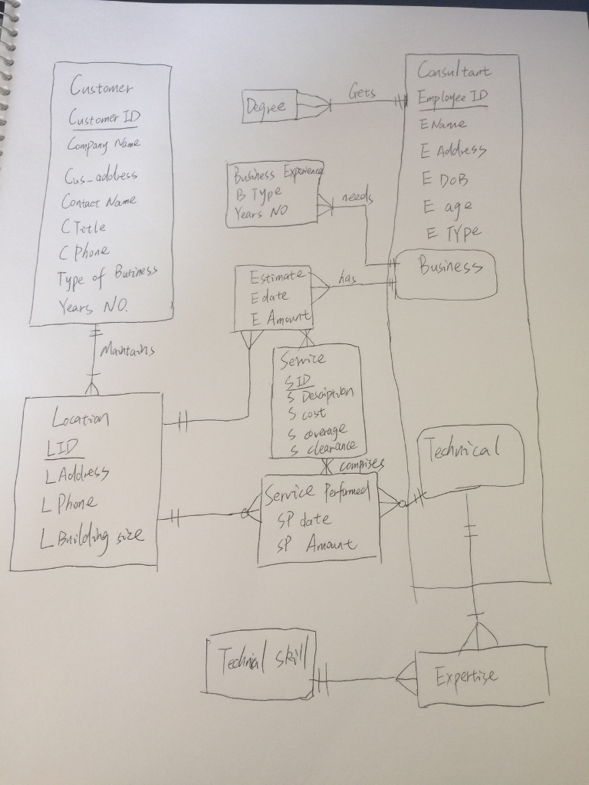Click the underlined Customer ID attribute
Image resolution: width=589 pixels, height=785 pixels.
pos(104,118)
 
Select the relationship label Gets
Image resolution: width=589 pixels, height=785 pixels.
pos(361,94)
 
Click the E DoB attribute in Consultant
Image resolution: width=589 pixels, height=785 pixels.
pos(444,179)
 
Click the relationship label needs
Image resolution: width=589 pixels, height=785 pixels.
pos(357,199)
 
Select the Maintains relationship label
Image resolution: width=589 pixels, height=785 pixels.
pos(127,351)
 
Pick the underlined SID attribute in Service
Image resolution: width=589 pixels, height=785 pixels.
pos(298,381)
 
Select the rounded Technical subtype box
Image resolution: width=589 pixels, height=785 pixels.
pos(471,455)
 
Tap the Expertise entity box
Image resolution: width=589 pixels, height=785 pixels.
pos(482,676)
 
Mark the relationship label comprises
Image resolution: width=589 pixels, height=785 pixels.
pos(360,465)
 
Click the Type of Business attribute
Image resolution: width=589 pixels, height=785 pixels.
pos(107,277)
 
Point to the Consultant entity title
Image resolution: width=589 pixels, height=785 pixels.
pos(453,71)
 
